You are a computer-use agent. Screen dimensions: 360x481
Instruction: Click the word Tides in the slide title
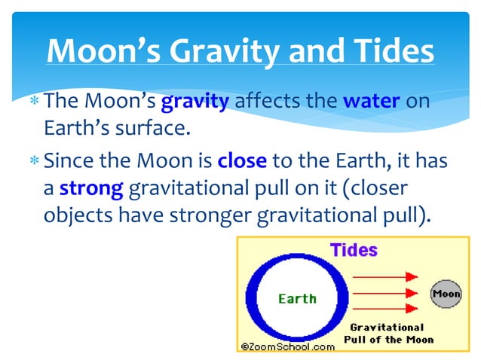tap(391, 51)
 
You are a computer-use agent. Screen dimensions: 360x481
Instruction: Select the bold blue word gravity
tap(195, 101)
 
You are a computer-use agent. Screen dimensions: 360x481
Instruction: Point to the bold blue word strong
tap(90, 188)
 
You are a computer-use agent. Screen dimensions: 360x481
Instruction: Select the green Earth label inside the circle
tap(297, 299)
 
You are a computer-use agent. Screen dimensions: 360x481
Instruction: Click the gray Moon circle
tap(446, 294)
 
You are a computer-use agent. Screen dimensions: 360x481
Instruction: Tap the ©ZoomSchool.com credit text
tap(287, 346)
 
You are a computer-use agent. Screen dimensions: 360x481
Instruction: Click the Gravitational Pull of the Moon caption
tap(388, 333)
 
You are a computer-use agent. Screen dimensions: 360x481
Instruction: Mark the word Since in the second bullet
tap(69, 161)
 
